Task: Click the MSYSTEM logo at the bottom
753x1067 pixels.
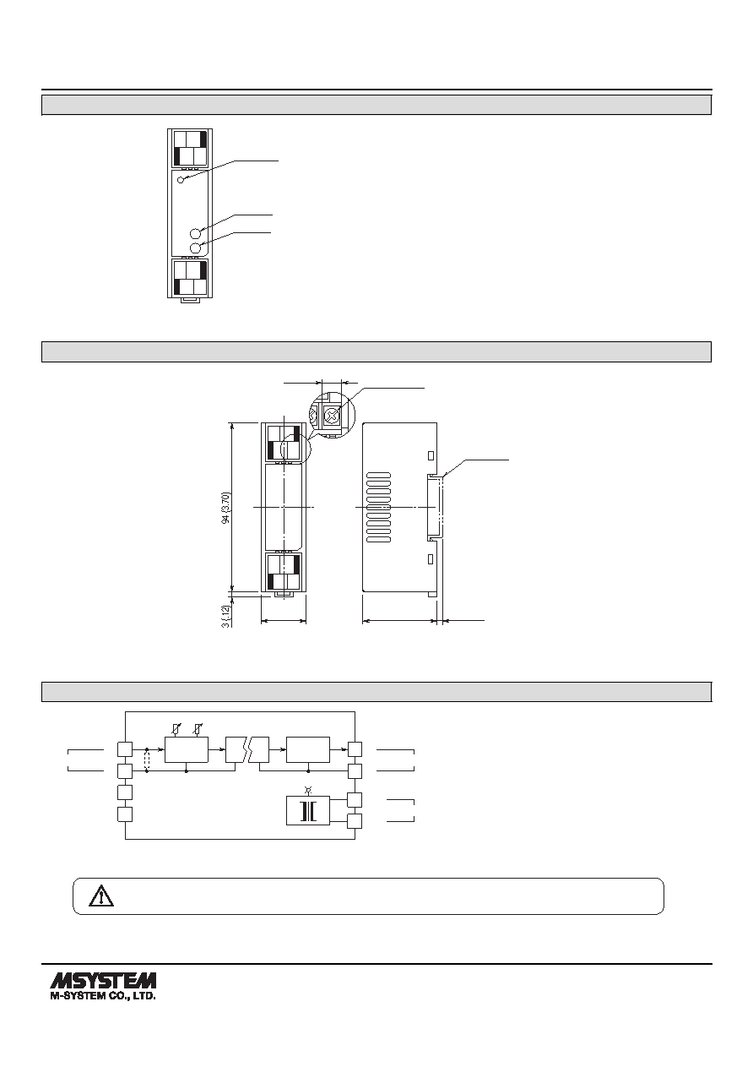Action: pos(103,980)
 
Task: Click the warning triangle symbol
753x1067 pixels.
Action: pos(101,896)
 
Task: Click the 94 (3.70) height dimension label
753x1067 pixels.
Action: pos(227,508)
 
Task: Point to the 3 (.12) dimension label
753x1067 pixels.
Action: pos(226,616)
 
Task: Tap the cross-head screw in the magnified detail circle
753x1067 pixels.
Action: pos(330,416)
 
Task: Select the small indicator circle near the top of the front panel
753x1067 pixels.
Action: pos(181,180)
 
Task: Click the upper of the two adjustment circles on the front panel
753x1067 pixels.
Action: pos(196,233)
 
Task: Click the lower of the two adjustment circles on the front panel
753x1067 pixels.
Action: pos(196,248)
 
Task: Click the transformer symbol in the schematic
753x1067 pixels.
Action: pos(308,812)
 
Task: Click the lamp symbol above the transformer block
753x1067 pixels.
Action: pos(308,790)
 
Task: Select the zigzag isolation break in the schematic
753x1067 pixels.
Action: pos(248,749)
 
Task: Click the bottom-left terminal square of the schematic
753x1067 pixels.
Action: pos(125,814)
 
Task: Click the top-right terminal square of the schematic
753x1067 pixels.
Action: pos(355,749)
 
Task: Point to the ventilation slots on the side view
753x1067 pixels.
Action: pos(379,508)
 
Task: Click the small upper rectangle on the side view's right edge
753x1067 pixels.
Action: pos(431,455)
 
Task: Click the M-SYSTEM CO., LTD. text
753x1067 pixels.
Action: pos(103,996)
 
